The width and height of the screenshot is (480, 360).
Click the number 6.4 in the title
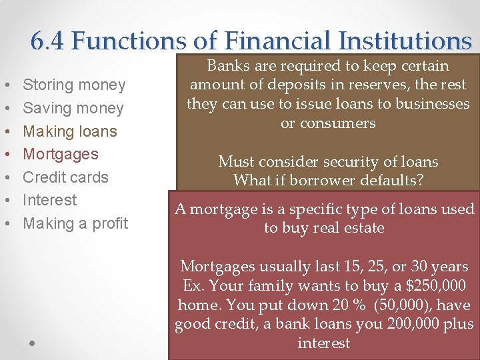click(x=48, y=41)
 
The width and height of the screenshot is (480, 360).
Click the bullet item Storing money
click(x=74, y=85)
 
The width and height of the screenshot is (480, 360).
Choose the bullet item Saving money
click(x=73, y=108)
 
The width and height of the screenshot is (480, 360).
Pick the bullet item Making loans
click(x=70, y=131)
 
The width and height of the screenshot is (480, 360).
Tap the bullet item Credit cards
click(x=65, y=177)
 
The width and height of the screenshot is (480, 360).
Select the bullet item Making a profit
click(x=75, y=223)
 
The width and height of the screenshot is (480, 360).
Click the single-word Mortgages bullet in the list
click(x=61, y=154)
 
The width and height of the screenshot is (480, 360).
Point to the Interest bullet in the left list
click(x=50, y=200)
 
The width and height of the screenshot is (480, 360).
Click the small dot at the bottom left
click(x=32, y=343)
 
